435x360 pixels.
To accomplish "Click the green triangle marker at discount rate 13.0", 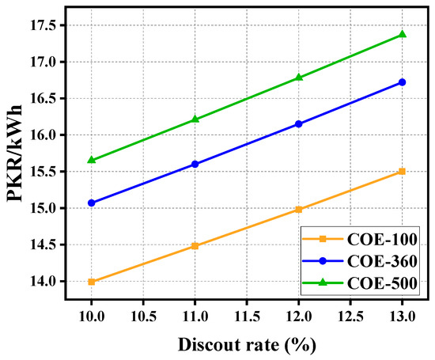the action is pos(403,34).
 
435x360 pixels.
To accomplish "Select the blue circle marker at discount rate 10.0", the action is pos(91,203).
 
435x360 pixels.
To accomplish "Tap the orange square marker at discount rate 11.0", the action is pos(195,246).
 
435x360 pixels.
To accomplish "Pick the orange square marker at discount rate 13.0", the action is pos(403,171).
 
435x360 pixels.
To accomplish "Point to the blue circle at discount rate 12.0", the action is pos(298,123).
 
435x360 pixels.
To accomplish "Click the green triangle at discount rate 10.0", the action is pos(91,160).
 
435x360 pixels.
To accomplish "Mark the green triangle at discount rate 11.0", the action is pos(195,119).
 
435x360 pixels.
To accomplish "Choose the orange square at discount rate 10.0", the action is pos(91,282).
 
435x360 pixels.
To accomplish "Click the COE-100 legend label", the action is pos(382,239).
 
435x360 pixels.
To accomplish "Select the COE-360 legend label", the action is pos(382,261).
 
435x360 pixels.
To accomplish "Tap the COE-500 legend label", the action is pos(382,283).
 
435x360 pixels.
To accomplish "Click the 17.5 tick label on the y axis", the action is pos(43,25).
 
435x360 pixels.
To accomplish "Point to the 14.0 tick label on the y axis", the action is pos(43,282).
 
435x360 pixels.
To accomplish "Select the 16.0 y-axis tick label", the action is pos(43,135).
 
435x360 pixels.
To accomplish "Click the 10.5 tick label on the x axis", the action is pos(143,316).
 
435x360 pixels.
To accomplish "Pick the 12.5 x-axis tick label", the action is pos(350,316).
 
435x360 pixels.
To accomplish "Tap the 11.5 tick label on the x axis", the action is pos(247,316).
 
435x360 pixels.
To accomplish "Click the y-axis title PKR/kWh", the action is pos(15,153).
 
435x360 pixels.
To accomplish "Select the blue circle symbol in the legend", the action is pos(323,261).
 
